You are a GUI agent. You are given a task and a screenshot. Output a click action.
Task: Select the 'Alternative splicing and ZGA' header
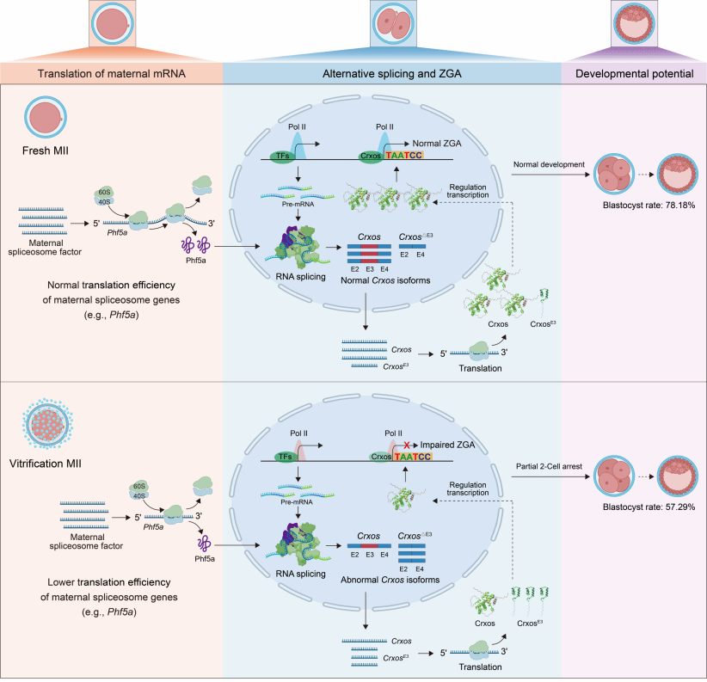coord(390,74)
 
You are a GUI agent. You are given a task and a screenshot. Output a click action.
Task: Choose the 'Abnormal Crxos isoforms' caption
coord(389,579)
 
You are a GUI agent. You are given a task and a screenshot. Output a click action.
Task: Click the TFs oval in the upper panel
coord(285,157)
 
